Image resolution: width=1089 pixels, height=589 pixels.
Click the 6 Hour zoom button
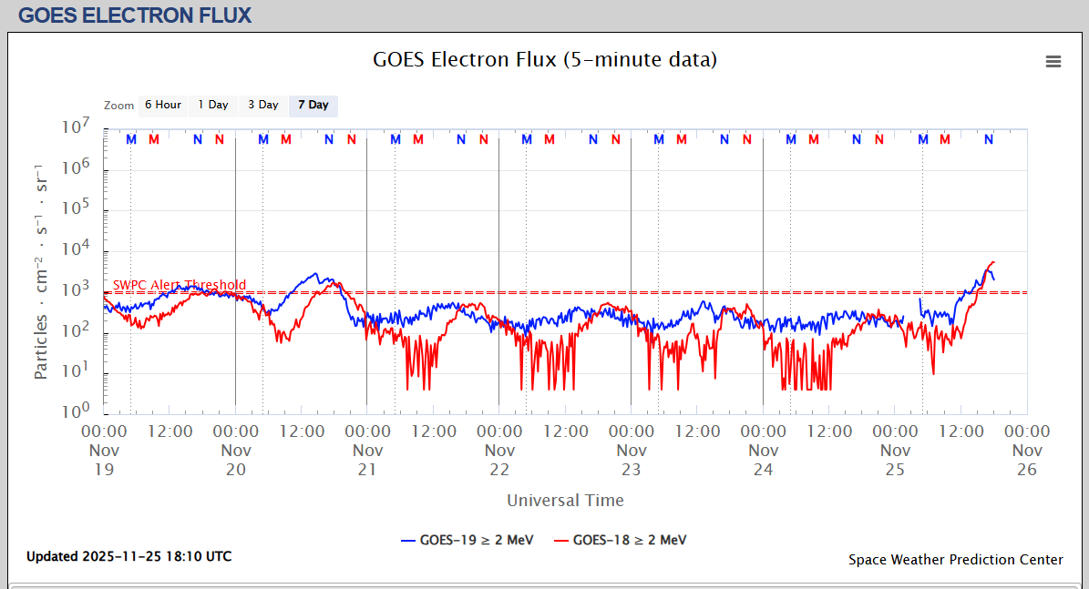point(163,105)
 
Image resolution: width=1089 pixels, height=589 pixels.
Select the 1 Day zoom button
point(213,105)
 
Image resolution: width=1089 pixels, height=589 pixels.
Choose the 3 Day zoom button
point(263,105)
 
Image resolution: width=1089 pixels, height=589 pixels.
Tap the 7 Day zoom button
point(313,105)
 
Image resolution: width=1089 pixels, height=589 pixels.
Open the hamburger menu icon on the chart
point(1053,62)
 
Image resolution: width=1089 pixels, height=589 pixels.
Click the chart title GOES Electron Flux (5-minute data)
point(545,60)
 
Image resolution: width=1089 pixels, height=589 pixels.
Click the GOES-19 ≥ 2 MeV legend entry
point(467,540)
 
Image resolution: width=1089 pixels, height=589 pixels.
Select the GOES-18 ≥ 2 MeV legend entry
point(621,540)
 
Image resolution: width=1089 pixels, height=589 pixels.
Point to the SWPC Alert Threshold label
point(180,285)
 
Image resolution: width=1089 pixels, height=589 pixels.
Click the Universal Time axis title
point(565,500)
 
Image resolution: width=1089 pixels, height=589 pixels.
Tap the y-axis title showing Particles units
point(41,271)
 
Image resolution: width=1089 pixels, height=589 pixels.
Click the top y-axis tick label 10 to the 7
point(76,127)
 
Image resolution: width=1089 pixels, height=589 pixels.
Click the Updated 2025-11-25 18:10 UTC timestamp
point(128,556)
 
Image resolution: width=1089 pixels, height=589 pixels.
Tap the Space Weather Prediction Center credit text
point(955,560)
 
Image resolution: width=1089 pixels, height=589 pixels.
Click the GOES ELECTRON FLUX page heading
point(135,15)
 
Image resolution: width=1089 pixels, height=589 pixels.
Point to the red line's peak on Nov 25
point(992,262)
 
